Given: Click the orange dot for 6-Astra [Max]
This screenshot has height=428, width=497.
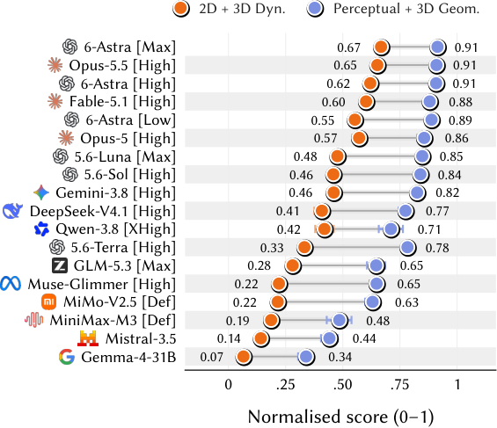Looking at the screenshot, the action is pos(381,47).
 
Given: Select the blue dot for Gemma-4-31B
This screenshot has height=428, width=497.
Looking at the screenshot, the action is pos(306,357).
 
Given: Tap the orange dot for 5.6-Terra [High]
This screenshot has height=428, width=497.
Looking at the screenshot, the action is pos(304,248).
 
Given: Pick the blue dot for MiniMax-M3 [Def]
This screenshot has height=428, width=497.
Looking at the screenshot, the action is pos(340,320).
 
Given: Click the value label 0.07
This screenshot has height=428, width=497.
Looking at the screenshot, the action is pos(211,357).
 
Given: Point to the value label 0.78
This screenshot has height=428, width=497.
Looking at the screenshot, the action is pos(437,248).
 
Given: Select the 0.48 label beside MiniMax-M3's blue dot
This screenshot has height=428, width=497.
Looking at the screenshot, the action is pos(378,321).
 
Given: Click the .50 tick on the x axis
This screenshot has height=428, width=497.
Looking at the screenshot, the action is pos(343,385).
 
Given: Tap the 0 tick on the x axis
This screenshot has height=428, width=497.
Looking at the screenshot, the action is pos(228,385).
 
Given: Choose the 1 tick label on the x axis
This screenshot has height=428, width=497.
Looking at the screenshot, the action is pos(457,385).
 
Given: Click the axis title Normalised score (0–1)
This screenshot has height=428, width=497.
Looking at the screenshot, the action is pos(340,417).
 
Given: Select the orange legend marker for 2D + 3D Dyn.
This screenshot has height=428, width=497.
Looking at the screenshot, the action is pos(181,9).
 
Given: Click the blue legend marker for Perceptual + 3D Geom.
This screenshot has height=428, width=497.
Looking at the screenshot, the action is pos(316,9).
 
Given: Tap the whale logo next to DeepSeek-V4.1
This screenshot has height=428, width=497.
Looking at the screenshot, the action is pos(12,211).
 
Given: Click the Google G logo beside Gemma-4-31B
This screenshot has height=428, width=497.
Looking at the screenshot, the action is pos(67,357).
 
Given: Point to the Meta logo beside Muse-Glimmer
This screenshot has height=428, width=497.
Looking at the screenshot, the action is pos(11,284).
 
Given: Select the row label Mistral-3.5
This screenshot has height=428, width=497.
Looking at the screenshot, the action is pos(141,338).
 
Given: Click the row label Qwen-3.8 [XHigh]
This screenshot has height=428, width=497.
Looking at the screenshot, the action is pos(116,229).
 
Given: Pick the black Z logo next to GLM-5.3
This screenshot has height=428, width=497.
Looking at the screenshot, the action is pos(60,265).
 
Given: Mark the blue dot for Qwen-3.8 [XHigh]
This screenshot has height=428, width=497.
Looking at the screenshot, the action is pos(391,229).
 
